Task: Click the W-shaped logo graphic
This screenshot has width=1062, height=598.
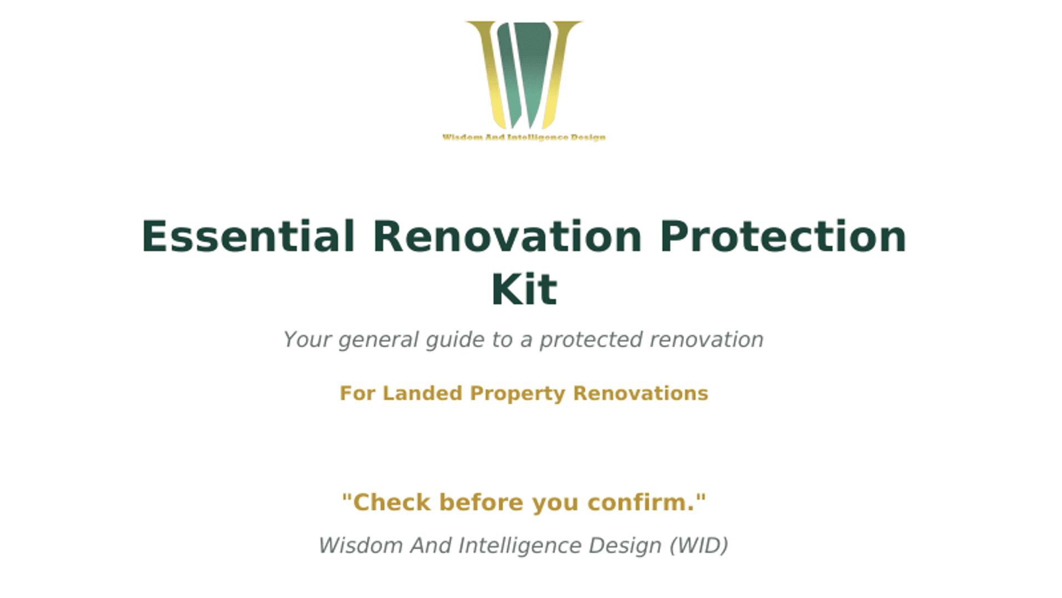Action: pos(524,75)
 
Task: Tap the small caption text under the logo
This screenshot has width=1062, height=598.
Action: pos(524,137)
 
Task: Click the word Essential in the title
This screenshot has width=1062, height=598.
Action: pos(248,237)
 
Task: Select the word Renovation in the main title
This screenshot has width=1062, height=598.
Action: pos(507,237)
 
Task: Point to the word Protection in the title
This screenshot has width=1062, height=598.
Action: pos(783,237)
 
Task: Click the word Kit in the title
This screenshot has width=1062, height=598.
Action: pos(524,289)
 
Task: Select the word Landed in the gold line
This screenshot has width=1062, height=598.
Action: pos(422,393)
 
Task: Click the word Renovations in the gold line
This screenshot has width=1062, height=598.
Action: pos(641,393)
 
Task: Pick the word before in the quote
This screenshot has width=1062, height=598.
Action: pos(481,503)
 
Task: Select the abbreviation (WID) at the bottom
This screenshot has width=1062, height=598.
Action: pos(698,546)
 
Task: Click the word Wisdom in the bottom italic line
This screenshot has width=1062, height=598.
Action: pos(361,546)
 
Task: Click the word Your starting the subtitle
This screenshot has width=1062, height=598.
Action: pos(307,340)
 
